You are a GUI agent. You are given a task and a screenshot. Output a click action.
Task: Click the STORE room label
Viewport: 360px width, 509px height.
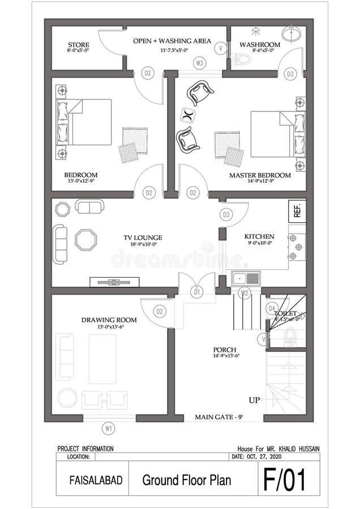79,45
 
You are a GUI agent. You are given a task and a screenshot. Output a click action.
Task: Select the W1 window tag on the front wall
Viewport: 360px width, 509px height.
108,428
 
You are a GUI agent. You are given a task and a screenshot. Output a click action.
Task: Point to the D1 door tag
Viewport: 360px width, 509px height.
197,292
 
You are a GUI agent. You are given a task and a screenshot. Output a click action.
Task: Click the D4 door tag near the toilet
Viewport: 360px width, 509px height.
272,308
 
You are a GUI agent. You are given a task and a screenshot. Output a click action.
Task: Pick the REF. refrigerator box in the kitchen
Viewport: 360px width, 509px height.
297,211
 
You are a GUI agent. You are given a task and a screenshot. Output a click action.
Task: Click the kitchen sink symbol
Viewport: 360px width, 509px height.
246,278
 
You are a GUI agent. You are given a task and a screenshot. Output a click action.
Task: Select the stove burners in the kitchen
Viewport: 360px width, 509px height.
297,244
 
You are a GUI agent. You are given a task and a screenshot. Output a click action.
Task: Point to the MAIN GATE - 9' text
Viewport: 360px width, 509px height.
218,417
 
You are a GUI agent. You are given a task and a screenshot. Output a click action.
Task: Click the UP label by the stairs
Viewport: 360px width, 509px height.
255,400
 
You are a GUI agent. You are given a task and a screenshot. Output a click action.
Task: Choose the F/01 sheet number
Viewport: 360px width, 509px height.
284,480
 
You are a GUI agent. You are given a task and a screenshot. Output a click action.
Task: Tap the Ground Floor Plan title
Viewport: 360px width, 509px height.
187,480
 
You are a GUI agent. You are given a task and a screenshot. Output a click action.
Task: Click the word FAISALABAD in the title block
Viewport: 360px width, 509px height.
93,480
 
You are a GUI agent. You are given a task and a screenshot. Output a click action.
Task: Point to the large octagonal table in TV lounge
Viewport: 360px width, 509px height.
86,239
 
